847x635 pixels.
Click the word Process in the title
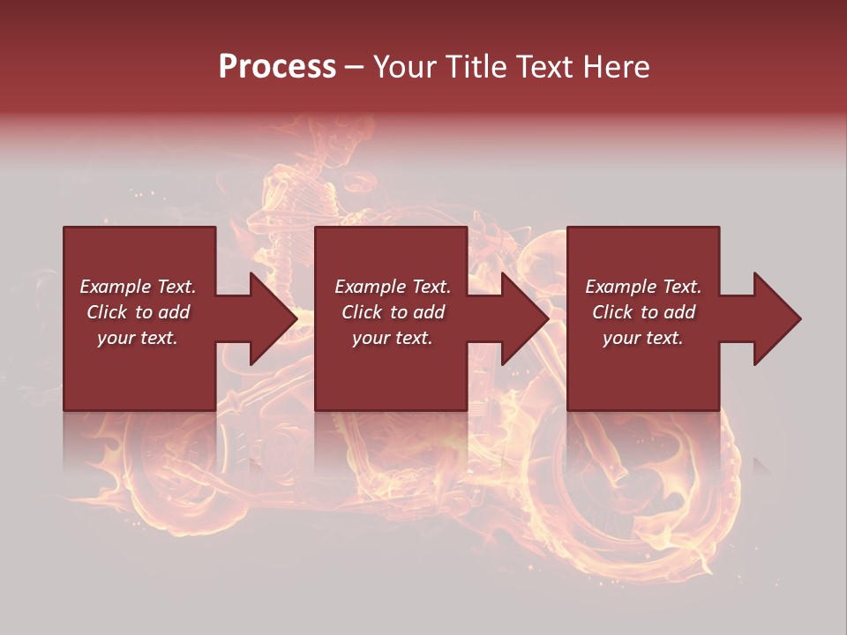point(277,67)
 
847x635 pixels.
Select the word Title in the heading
point(475,67)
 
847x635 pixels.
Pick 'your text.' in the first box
point(138,338)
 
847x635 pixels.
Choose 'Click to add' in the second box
point(393,312)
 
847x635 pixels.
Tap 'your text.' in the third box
point(643,338)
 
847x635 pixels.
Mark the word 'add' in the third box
point(678,312)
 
